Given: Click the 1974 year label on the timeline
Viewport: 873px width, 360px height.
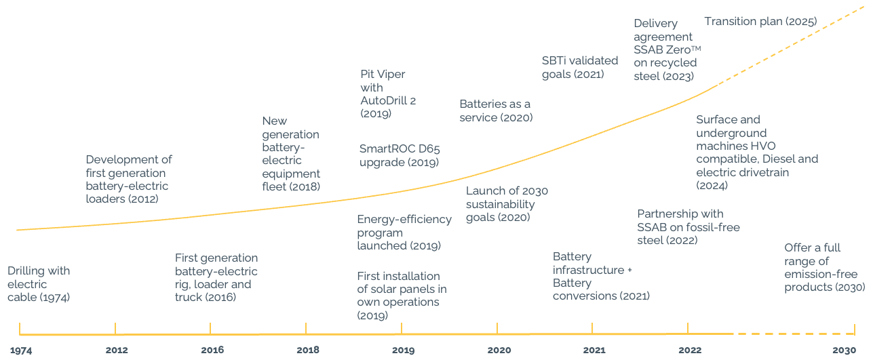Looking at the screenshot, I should pyautogui.click(x=21, y=351).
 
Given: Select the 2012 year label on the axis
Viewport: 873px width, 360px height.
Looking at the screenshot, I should pyautogui.click(x=117, y=351).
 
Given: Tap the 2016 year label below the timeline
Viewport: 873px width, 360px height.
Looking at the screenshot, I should pyautogui.click(x=212, y=351).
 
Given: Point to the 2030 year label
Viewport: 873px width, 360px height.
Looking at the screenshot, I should pyautogui.click(x=845, y=351).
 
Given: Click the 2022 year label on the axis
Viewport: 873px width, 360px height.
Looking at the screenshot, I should pyautogui.click(x=690, y=351).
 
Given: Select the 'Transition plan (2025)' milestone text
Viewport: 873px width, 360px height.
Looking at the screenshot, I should pyautogui.click(x=760, y=22).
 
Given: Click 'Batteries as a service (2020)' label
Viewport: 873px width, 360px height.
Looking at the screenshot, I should pyautogui.click(x=496, y=111).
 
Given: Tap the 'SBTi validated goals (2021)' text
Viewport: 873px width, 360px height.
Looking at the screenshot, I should pyautogui.click(x=580, y=67).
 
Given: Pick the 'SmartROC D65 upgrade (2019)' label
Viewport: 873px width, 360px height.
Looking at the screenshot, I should pyautogui.click(x=400, y=155).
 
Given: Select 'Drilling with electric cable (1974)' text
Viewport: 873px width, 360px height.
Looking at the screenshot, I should pyautogui.click(x=39, y=283).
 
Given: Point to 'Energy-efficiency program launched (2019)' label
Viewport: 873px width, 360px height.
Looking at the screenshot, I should pyautogui.click(x=404, y=233).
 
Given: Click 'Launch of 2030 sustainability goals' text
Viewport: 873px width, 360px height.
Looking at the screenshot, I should pyautogui.click(x=507, y=204).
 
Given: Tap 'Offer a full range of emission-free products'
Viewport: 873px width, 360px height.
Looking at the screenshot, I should pyautogui.click(x=824, y=268).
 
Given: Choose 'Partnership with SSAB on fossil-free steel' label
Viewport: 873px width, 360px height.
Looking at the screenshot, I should pyautogui.click(x=688, y=227).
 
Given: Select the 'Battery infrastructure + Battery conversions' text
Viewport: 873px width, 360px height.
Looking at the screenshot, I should pyautogui.click(x=601, y=277).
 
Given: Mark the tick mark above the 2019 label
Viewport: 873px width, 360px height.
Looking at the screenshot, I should pyautogui.click(x=402, y=328).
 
